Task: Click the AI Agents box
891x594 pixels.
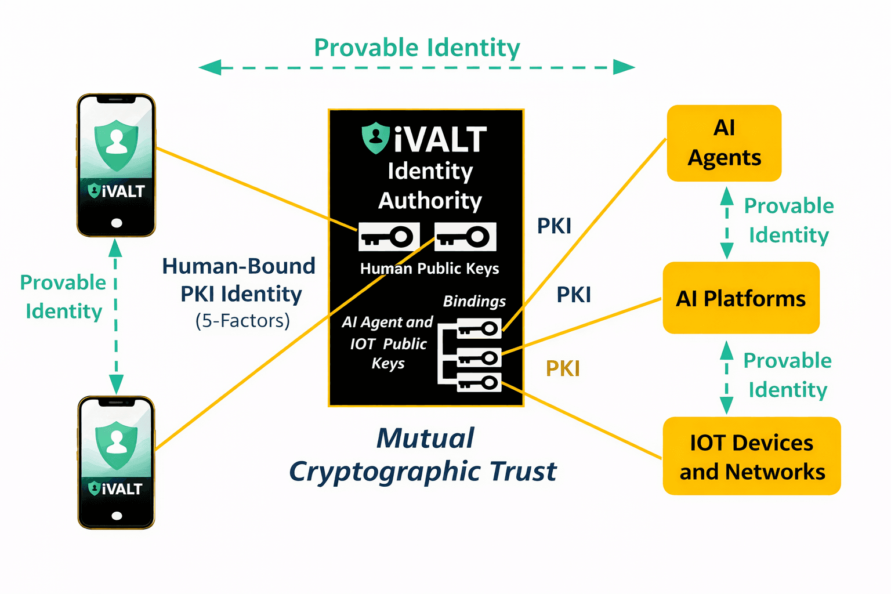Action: click(724, 143)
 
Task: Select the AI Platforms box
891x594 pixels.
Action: click(741, 298)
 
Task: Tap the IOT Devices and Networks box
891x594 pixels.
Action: click(752, 457)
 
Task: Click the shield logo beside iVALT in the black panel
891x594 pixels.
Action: click(375, 137)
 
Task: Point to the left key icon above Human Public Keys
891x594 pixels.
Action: click(389, 237)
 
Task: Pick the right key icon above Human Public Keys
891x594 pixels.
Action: click(465, 237)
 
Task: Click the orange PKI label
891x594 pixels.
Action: click(563, 368)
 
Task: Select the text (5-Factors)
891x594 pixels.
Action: click(242, 321)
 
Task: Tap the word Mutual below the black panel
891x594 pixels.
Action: click(425, 438)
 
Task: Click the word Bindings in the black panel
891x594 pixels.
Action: click(474, 301)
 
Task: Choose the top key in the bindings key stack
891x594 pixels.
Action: click(479, 329)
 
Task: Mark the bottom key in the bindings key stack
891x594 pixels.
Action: click(479, 382)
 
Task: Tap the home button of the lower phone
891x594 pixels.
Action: click(117, 516)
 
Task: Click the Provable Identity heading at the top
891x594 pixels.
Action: click(416, 48)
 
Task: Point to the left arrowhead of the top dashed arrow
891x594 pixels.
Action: click(209, 68)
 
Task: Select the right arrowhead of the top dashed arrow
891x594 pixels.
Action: click(625, 67)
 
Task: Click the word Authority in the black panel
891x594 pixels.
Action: click(430, 201)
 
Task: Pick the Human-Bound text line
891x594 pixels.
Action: click(238, 266)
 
